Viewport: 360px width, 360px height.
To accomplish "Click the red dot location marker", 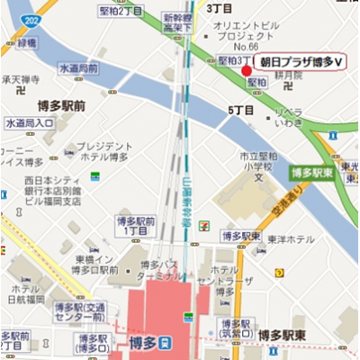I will click(x=247, y=69).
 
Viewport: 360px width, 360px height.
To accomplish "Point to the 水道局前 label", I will click(x=78, y=68).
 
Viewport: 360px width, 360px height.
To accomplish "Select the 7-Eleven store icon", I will click(x=208, y=221).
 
